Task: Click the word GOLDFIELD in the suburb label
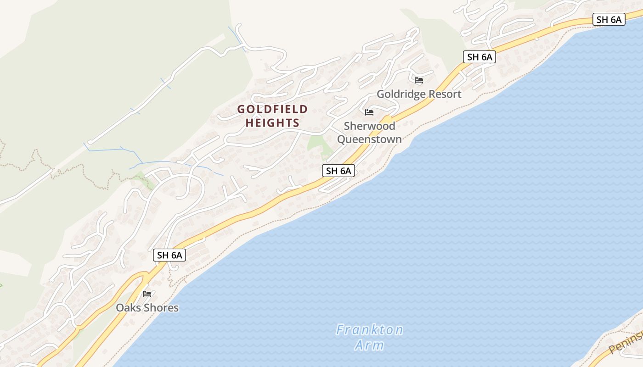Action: [x=272, y=109]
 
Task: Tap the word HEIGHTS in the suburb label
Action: [x=272, y=123]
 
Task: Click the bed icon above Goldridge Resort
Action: [x=419, y=80]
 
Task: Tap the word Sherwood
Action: [x=369, y=126]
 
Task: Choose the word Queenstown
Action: [x=369, y=139]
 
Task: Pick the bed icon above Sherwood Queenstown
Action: [x=369, y=112]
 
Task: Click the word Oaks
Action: [x=129, y=307]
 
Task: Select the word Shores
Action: [x=161, y=307]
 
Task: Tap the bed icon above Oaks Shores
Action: [x=147, y=294]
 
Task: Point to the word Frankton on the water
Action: [x=369, y=330]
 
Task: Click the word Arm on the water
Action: [x=369, y=345]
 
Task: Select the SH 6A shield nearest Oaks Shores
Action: [x=169, y=256]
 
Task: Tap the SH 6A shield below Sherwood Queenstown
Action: [x=338, y=171]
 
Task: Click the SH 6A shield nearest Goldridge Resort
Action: [x=479, y=57]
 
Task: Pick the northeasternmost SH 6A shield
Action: [x=609, y=19]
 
